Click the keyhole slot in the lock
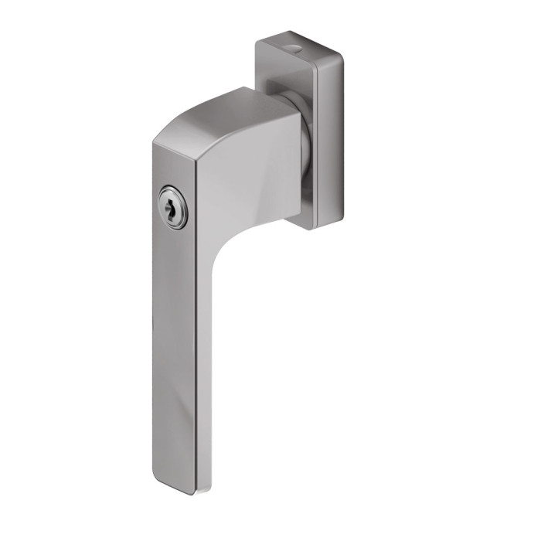click(x=172, y=207)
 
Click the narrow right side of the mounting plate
click(x=328, y=139)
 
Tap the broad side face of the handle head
click(x=247, y=178)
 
